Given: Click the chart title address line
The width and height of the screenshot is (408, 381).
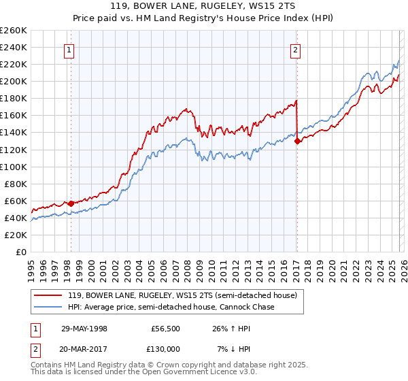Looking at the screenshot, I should click(x=203, y=6).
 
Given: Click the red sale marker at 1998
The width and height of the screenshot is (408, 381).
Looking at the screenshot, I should click(x=71, y=203).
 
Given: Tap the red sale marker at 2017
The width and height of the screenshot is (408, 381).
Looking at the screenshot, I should click(x=297, y=141).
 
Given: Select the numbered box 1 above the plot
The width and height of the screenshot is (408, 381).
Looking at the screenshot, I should click(x=70, y=49).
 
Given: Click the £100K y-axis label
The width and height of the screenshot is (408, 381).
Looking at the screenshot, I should click(x=14, y=167).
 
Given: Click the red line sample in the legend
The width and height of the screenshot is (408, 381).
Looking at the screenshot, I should click(x=50, y=296).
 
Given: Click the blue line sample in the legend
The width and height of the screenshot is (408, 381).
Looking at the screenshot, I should click(x=50, y=308).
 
